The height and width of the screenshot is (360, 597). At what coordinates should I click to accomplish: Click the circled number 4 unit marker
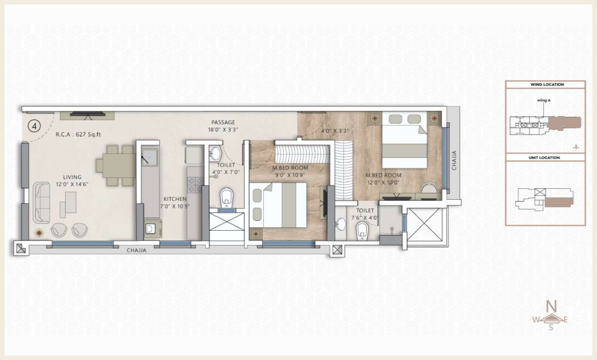click(35, 126)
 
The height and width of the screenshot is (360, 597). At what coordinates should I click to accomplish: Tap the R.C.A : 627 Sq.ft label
click(78, 134)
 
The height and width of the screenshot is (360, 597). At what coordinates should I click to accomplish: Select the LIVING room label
click(72, 177)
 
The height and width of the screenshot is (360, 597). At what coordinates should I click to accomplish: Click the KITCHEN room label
click(175, 199)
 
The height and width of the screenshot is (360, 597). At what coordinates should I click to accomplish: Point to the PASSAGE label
click(223, 122)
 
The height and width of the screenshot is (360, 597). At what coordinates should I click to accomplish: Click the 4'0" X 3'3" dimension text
click(335, 131)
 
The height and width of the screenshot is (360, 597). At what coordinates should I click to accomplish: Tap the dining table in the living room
click(116, 165)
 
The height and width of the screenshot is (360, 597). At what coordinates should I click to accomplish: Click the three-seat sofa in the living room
click(42, 203)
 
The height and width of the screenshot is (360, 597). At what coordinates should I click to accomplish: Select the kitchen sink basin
click(149, 156)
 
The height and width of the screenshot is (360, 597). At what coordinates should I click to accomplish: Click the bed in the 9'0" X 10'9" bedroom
click(278, 205)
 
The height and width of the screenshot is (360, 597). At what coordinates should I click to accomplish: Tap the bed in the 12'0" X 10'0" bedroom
click(404, 140)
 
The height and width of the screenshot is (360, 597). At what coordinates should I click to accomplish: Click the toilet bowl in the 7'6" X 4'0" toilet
click(361, 230)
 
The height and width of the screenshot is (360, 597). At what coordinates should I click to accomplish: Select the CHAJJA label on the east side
click(454, 161)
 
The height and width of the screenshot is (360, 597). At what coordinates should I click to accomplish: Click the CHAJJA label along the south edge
click(136, 251)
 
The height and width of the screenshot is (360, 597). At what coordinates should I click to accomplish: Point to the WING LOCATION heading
click(547, 85)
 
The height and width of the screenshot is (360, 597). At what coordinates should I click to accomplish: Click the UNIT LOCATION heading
click(544, 157)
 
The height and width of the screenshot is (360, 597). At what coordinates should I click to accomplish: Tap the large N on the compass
click(551, 306)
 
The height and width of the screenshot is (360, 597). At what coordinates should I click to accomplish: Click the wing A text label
click(544, 101)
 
